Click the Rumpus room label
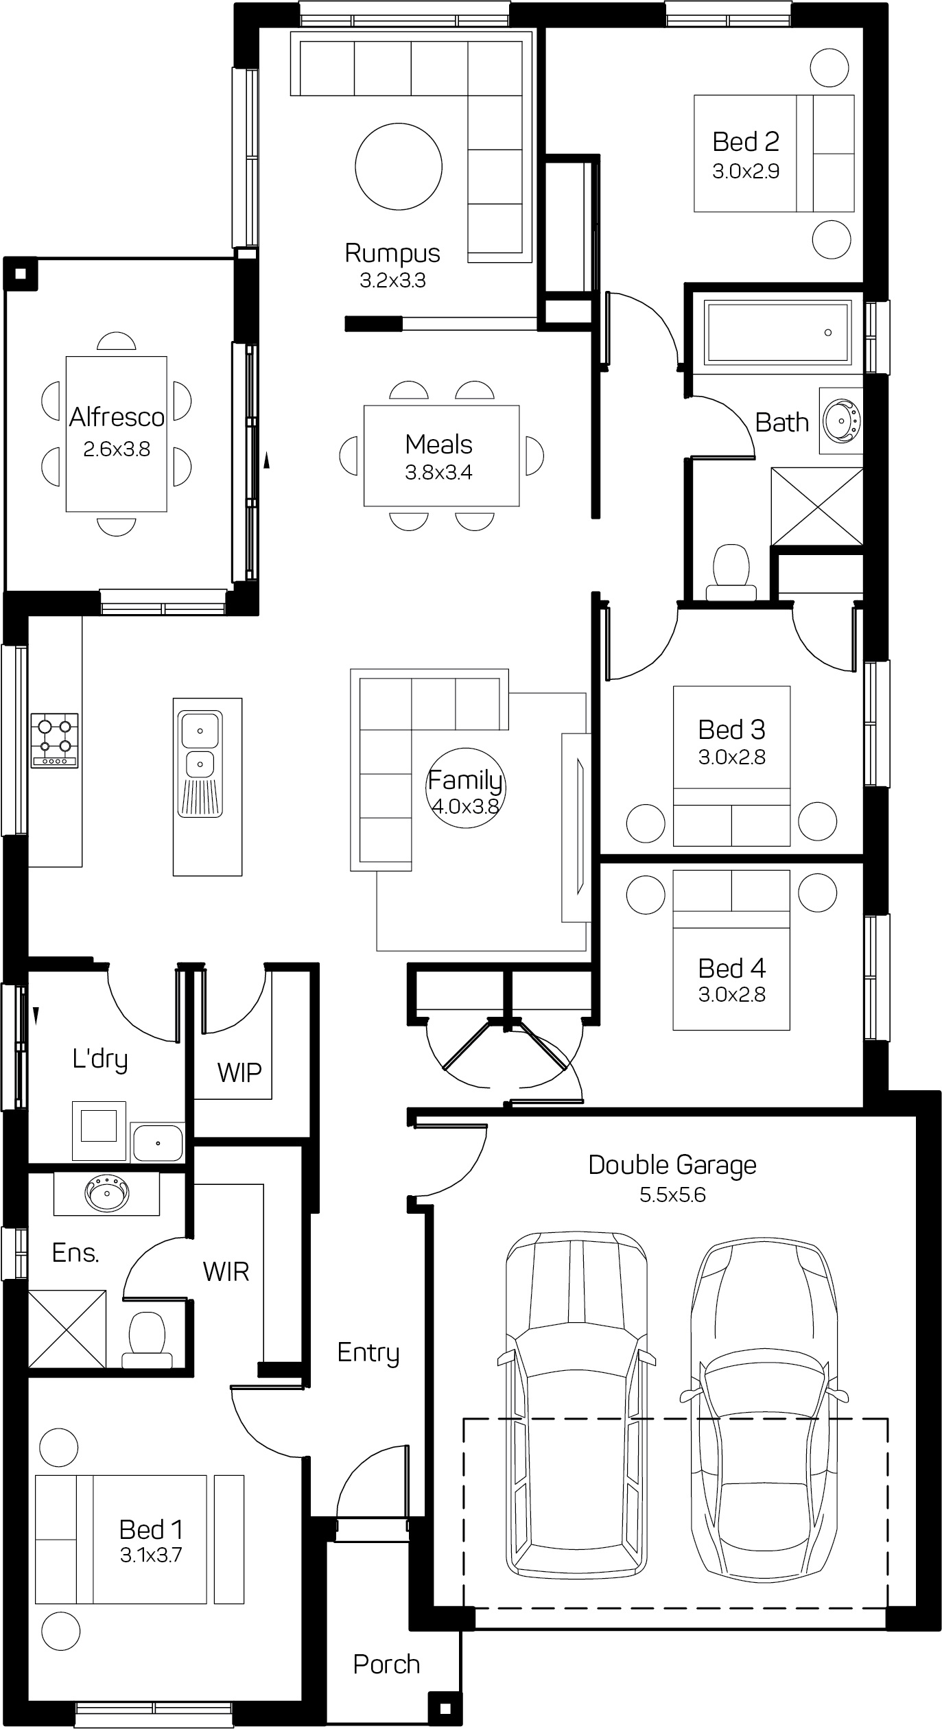392,252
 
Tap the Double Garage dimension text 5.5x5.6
672,1195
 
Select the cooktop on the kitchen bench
55,740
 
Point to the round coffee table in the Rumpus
399,166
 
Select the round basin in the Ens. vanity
106,1195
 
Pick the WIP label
239,1072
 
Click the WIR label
226,1271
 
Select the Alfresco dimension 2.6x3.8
117,449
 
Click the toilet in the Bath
731,574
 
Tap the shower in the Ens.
67,1328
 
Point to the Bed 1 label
151,1529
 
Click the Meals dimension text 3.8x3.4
439,473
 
